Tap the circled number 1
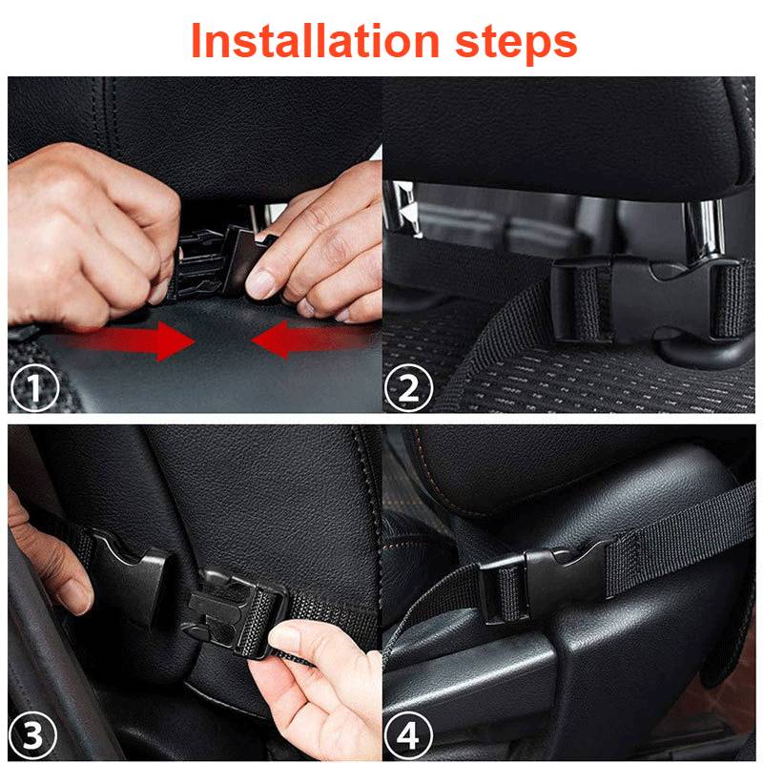34,388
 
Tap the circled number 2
408,388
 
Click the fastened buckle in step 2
649,296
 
